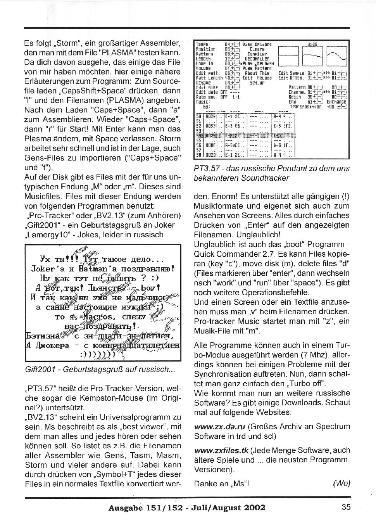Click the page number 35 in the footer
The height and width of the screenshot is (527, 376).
pos(346,507)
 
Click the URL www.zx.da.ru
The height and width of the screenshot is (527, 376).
pos(219,427)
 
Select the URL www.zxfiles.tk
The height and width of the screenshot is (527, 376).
pos(221,451)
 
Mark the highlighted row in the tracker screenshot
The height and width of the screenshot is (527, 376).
pos(244,135)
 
